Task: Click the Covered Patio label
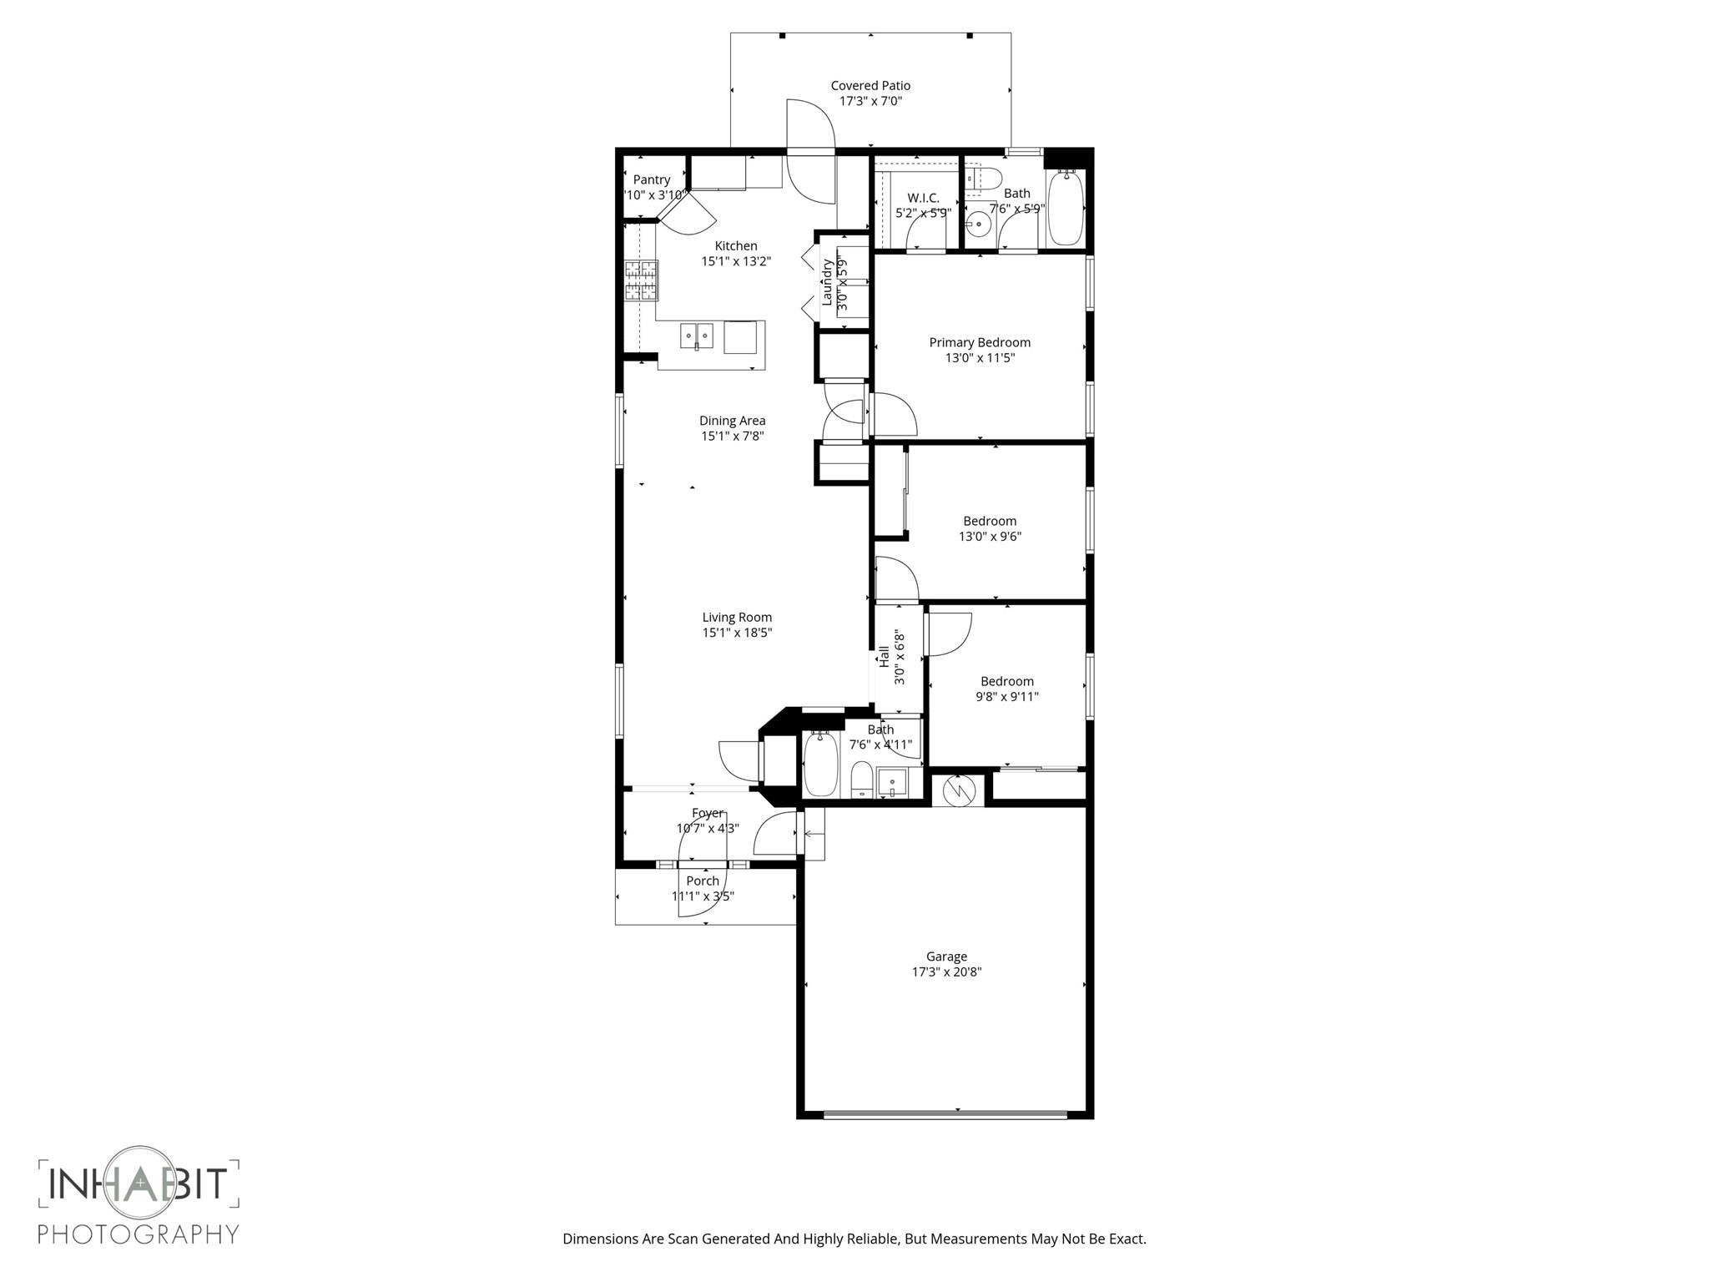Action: [x=870, y=85]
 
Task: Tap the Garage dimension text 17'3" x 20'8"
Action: [x=946, y=972]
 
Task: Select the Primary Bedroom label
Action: [x=980, y=342]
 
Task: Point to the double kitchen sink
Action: [x=697, y=336]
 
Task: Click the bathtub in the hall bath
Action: [x=820, y=764]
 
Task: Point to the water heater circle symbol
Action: [x=959, y=789]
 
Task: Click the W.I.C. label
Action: [x=923, y=198]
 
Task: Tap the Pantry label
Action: [x=651, y=179]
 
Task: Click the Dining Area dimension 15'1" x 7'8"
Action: [x=732, y=436]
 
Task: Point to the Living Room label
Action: [x=737, y=618]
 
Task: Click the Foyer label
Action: [x=707, y=813]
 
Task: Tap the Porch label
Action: [x=703, y=881]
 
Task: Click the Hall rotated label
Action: [x=884, y=657]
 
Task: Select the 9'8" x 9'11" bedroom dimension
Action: [x=1006, y=697]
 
